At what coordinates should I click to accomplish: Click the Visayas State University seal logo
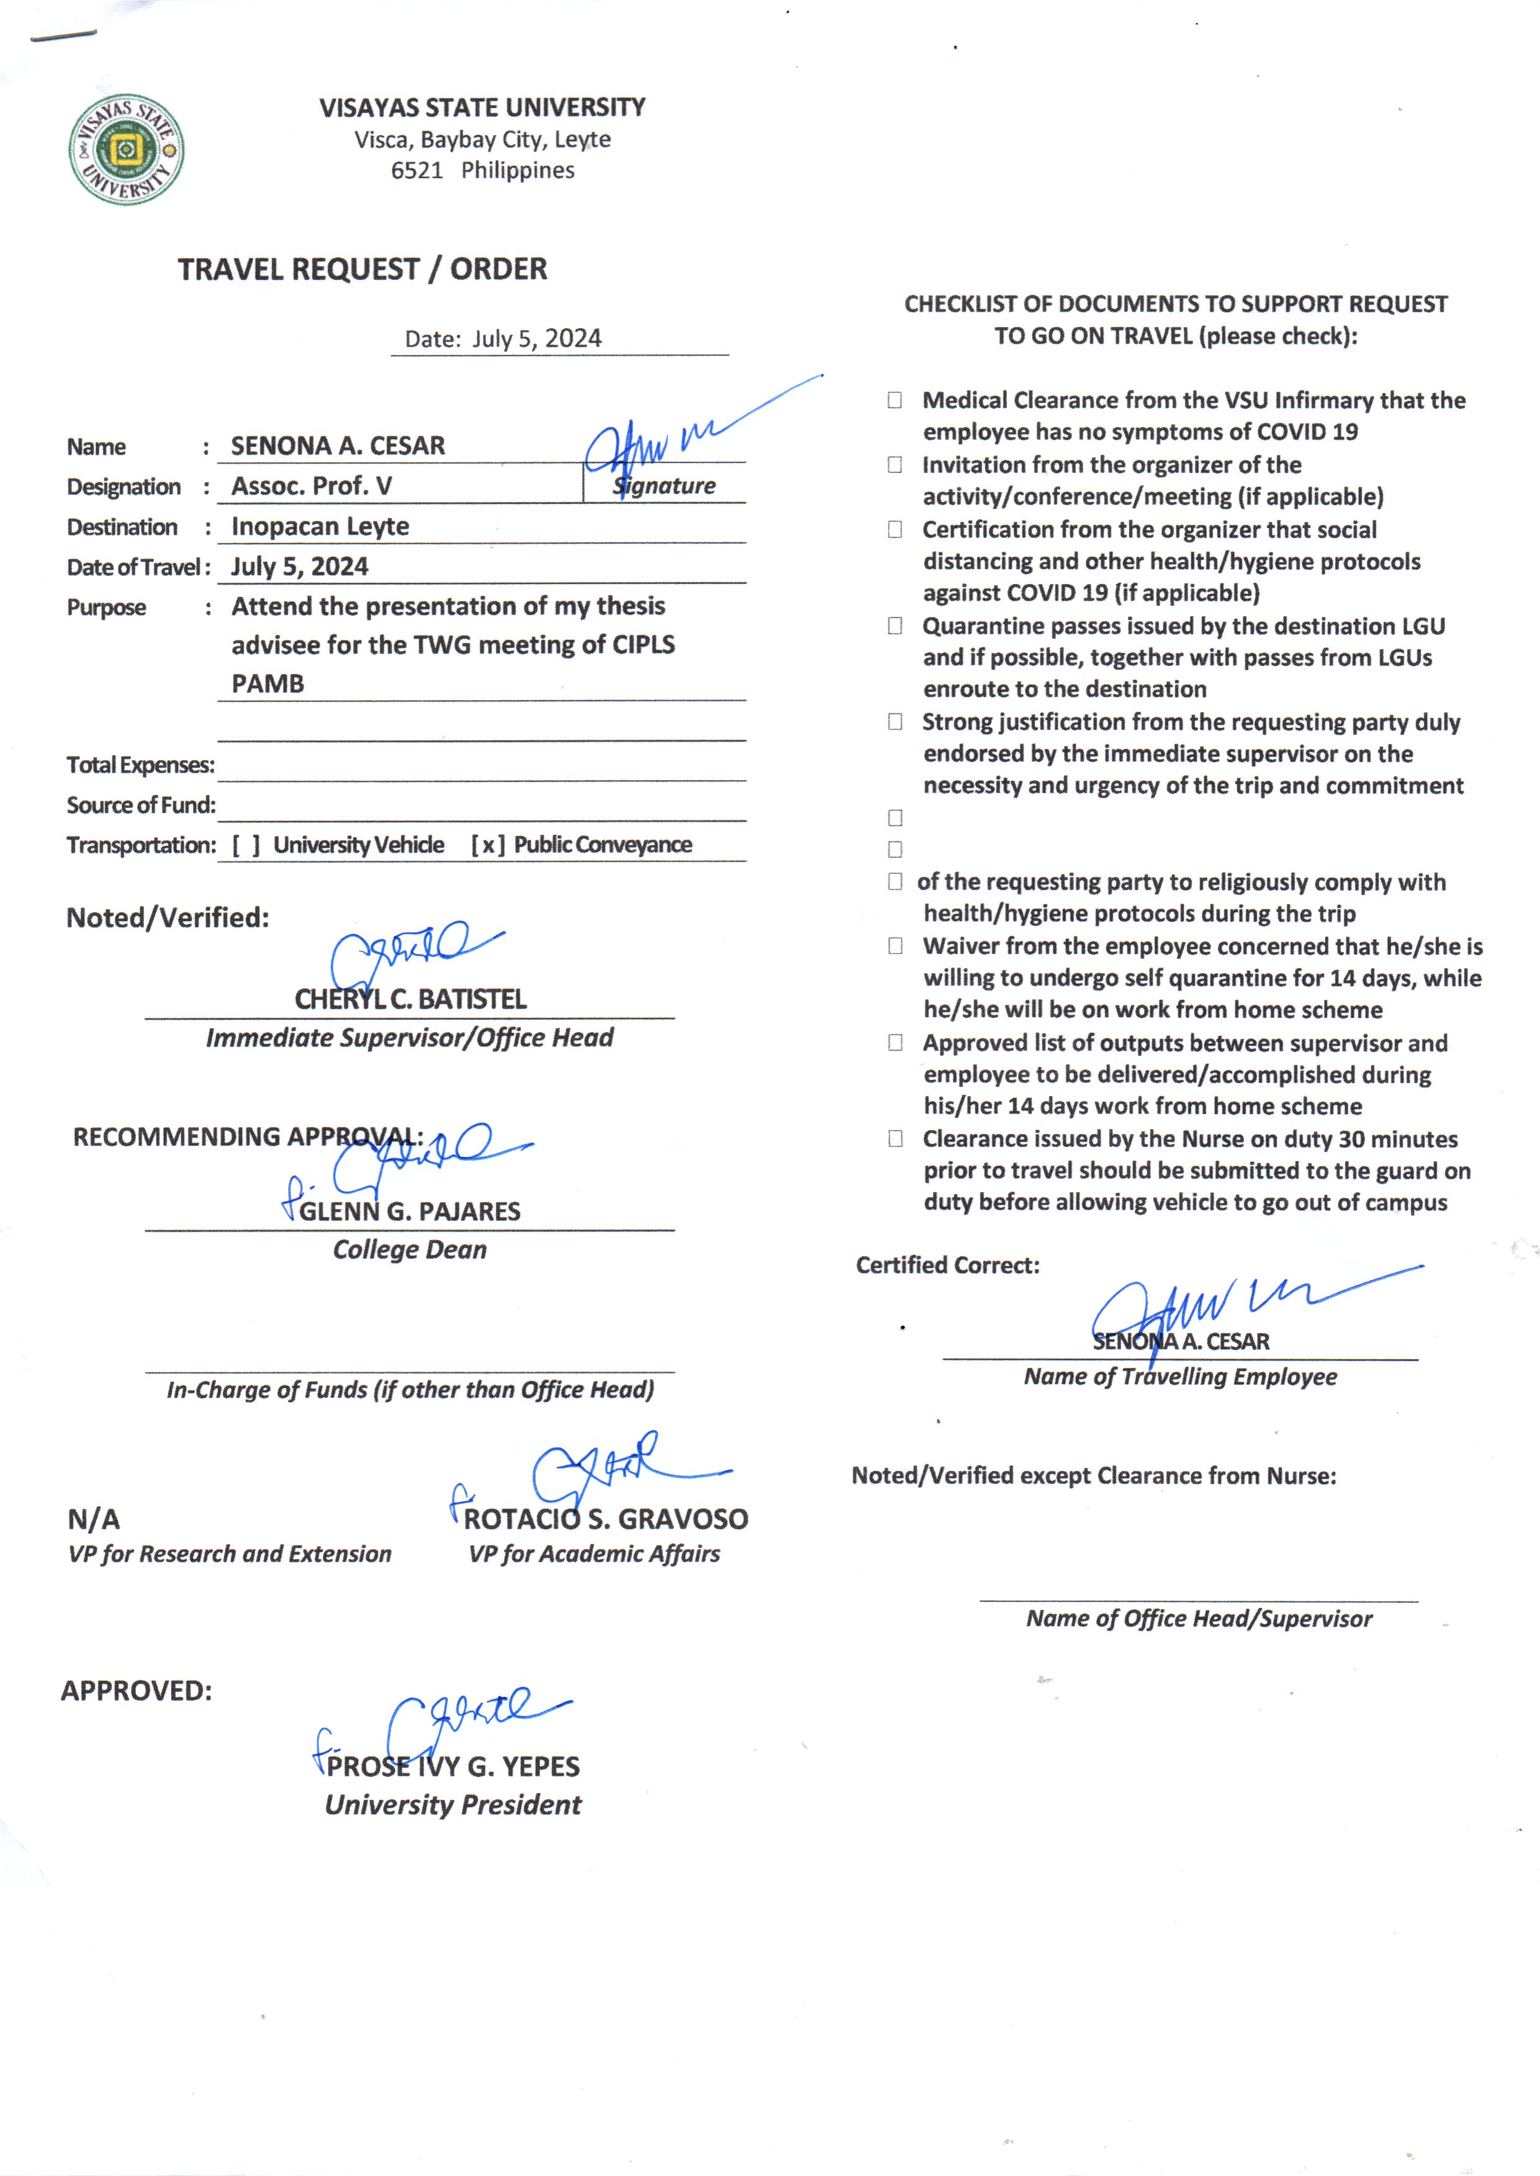126,150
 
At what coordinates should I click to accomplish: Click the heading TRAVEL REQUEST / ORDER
362,269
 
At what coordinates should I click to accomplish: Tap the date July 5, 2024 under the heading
537,338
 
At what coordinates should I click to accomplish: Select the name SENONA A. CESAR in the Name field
338,446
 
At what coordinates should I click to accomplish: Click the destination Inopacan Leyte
320,526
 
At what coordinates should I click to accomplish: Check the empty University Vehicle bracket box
246,845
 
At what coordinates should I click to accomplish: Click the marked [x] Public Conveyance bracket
487,845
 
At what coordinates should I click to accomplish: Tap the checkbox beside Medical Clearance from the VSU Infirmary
894,400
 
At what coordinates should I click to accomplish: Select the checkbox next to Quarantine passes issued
894,626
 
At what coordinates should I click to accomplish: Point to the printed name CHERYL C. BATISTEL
410,999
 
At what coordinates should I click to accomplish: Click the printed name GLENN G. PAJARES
410,1212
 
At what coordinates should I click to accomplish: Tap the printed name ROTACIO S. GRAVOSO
605,1519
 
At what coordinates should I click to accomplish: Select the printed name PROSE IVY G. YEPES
453,1766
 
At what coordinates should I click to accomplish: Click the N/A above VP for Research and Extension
94,1520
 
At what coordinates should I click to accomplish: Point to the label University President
453,1805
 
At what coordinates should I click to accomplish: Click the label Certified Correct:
947,1265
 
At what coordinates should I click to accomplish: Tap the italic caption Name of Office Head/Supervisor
1199,1619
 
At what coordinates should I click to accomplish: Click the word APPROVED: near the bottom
137,1691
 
